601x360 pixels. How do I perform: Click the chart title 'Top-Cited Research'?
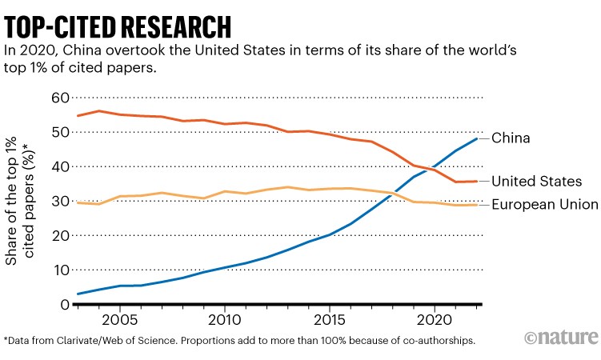pos(118,24)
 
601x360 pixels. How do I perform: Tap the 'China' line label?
pos(511,138)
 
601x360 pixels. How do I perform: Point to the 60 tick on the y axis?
pos(60,98)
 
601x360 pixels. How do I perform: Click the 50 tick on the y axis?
pos(60,132)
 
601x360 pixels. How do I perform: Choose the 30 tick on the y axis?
pos(60,201)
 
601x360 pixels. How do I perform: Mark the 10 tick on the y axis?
pos(60,270)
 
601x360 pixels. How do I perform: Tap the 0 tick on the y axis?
pos(65,304)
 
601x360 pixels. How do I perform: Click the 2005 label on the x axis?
pos(119,319)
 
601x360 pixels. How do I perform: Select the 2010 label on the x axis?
pos(224,319)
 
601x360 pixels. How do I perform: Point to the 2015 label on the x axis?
pos(329,319)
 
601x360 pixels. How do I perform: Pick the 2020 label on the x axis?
pos(435,319)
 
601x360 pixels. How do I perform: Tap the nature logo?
pos(561,336)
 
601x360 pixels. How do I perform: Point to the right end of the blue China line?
pos(477,139)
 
